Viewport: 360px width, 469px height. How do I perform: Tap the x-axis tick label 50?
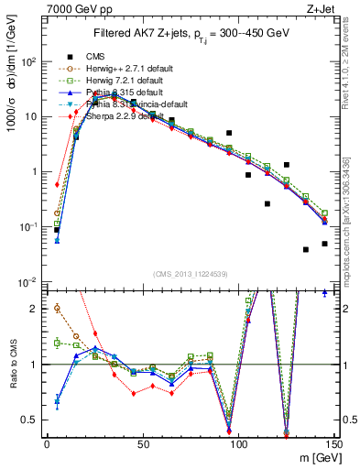point(142,442)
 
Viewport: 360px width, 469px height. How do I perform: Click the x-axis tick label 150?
point(333,442)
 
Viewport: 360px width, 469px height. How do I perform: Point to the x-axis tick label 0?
point(47,442)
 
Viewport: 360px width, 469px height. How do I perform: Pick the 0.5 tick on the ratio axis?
point(32,420)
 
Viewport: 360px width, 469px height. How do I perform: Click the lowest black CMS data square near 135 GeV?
point(306,249)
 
